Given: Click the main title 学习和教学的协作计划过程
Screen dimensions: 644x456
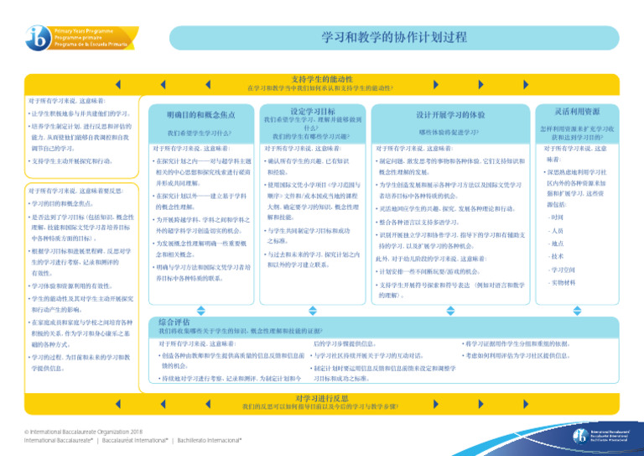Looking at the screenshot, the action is (394, 38).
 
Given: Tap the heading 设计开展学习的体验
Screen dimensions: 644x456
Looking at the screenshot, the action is (450, 114).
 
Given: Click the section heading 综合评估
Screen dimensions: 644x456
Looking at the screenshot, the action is (174, 321).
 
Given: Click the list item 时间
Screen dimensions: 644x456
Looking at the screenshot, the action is (558, 218).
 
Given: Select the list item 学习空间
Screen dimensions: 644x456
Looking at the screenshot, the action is (562, 270).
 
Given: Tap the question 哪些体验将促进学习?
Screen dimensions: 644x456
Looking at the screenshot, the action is (449, 132).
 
